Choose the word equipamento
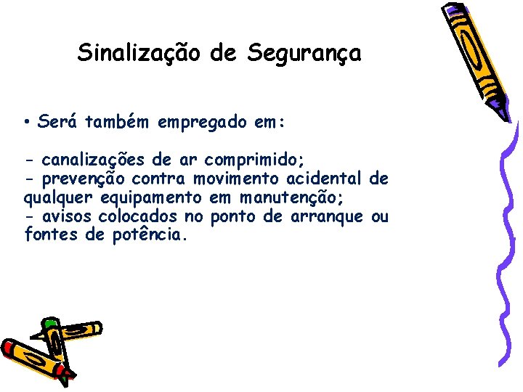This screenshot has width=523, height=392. (x=152, y=198)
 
